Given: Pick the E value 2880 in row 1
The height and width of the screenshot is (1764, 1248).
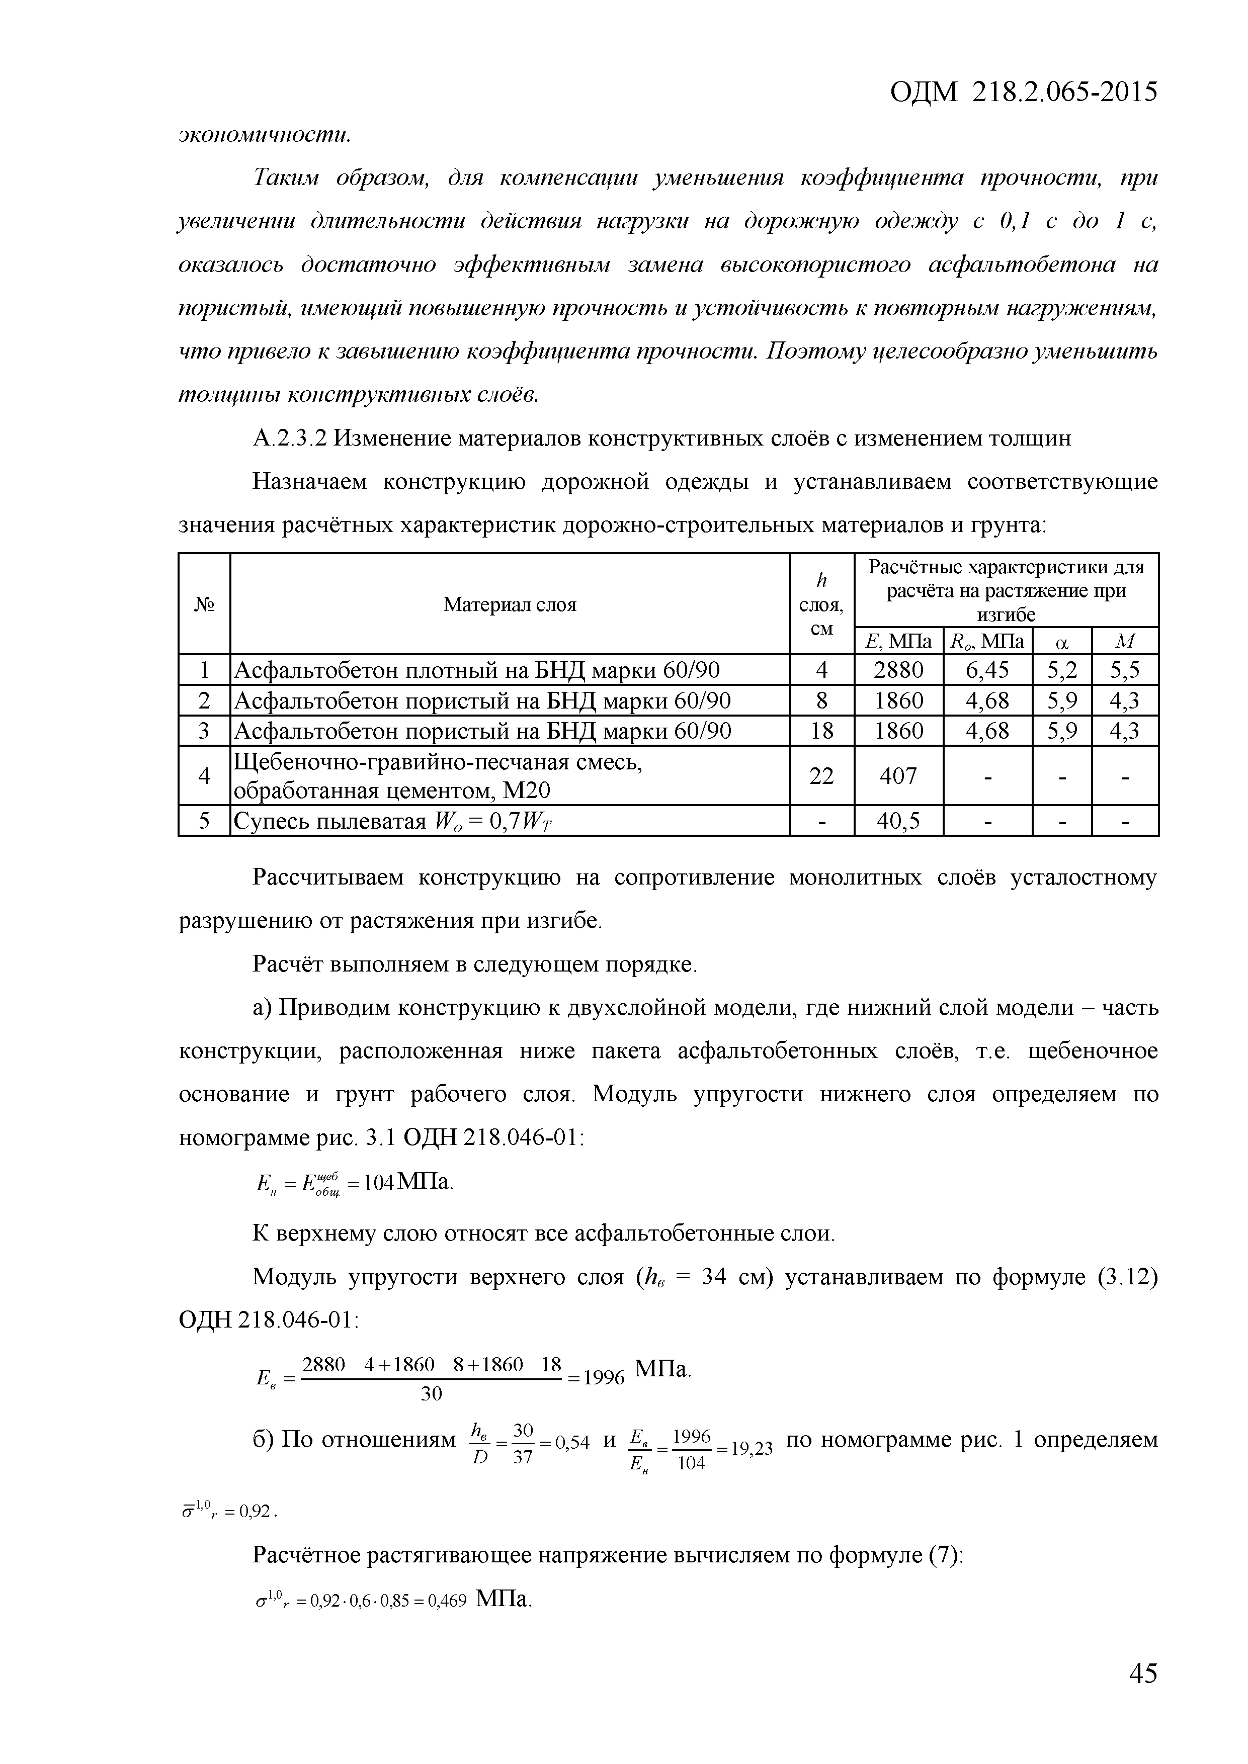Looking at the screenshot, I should click(x=898, y=671).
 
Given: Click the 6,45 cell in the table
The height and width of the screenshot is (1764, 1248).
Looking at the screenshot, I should click(x=987, y=671).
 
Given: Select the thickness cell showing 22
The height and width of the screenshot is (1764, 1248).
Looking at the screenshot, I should click(x=821, y=776).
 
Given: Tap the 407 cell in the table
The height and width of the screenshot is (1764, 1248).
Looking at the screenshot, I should click(x=898, y=776).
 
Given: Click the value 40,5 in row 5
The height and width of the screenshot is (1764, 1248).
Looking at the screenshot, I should click(x=898, y=821).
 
